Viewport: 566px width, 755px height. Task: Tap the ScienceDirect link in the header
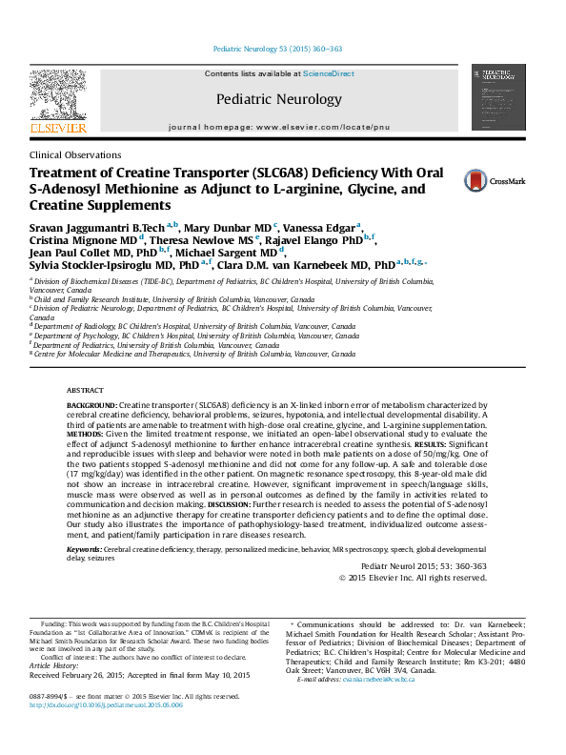[x=329, y=73]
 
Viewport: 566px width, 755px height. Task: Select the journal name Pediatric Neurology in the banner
[x=278, y=99]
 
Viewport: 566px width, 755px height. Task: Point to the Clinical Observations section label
[x=75, y=154]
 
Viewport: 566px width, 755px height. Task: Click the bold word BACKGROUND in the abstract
[x=91, y=432]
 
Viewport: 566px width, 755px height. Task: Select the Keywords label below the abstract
[x=84, y=551]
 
